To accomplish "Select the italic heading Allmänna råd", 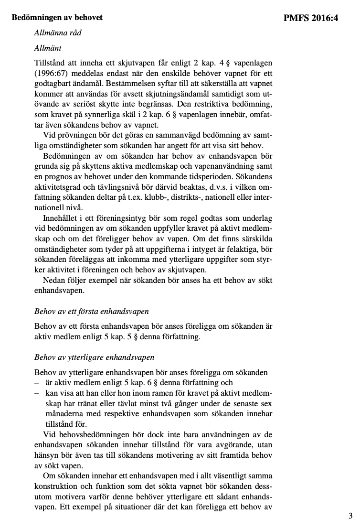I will tap(55, 33).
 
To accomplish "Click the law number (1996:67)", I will tap(52, 73).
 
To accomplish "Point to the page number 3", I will tap(350, 515).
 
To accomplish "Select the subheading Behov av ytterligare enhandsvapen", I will tap(95, 357).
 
